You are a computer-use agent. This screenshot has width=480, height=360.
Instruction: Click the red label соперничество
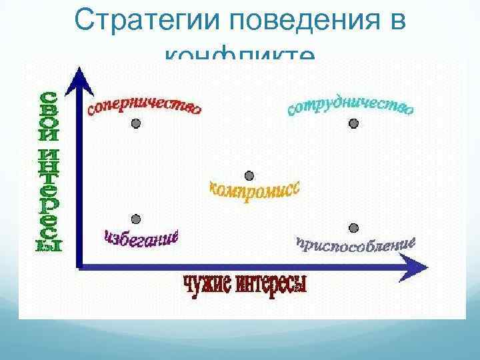pos(143,107)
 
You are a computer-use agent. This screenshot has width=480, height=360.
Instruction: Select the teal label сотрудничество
pos(351,106)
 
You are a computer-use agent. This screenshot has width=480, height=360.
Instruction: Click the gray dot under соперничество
pos(136,124)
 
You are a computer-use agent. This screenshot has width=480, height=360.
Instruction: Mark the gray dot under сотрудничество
pos(354,124)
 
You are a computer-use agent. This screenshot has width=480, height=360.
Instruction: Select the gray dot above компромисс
pos(249,176)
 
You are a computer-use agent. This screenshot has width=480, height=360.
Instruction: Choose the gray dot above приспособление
pos(354,229)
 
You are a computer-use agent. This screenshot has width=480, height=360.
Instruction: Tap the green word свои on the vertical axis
pos(48,114)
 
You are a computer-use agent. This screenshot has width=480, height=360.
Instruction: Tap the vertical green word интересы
pos(48,200)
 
